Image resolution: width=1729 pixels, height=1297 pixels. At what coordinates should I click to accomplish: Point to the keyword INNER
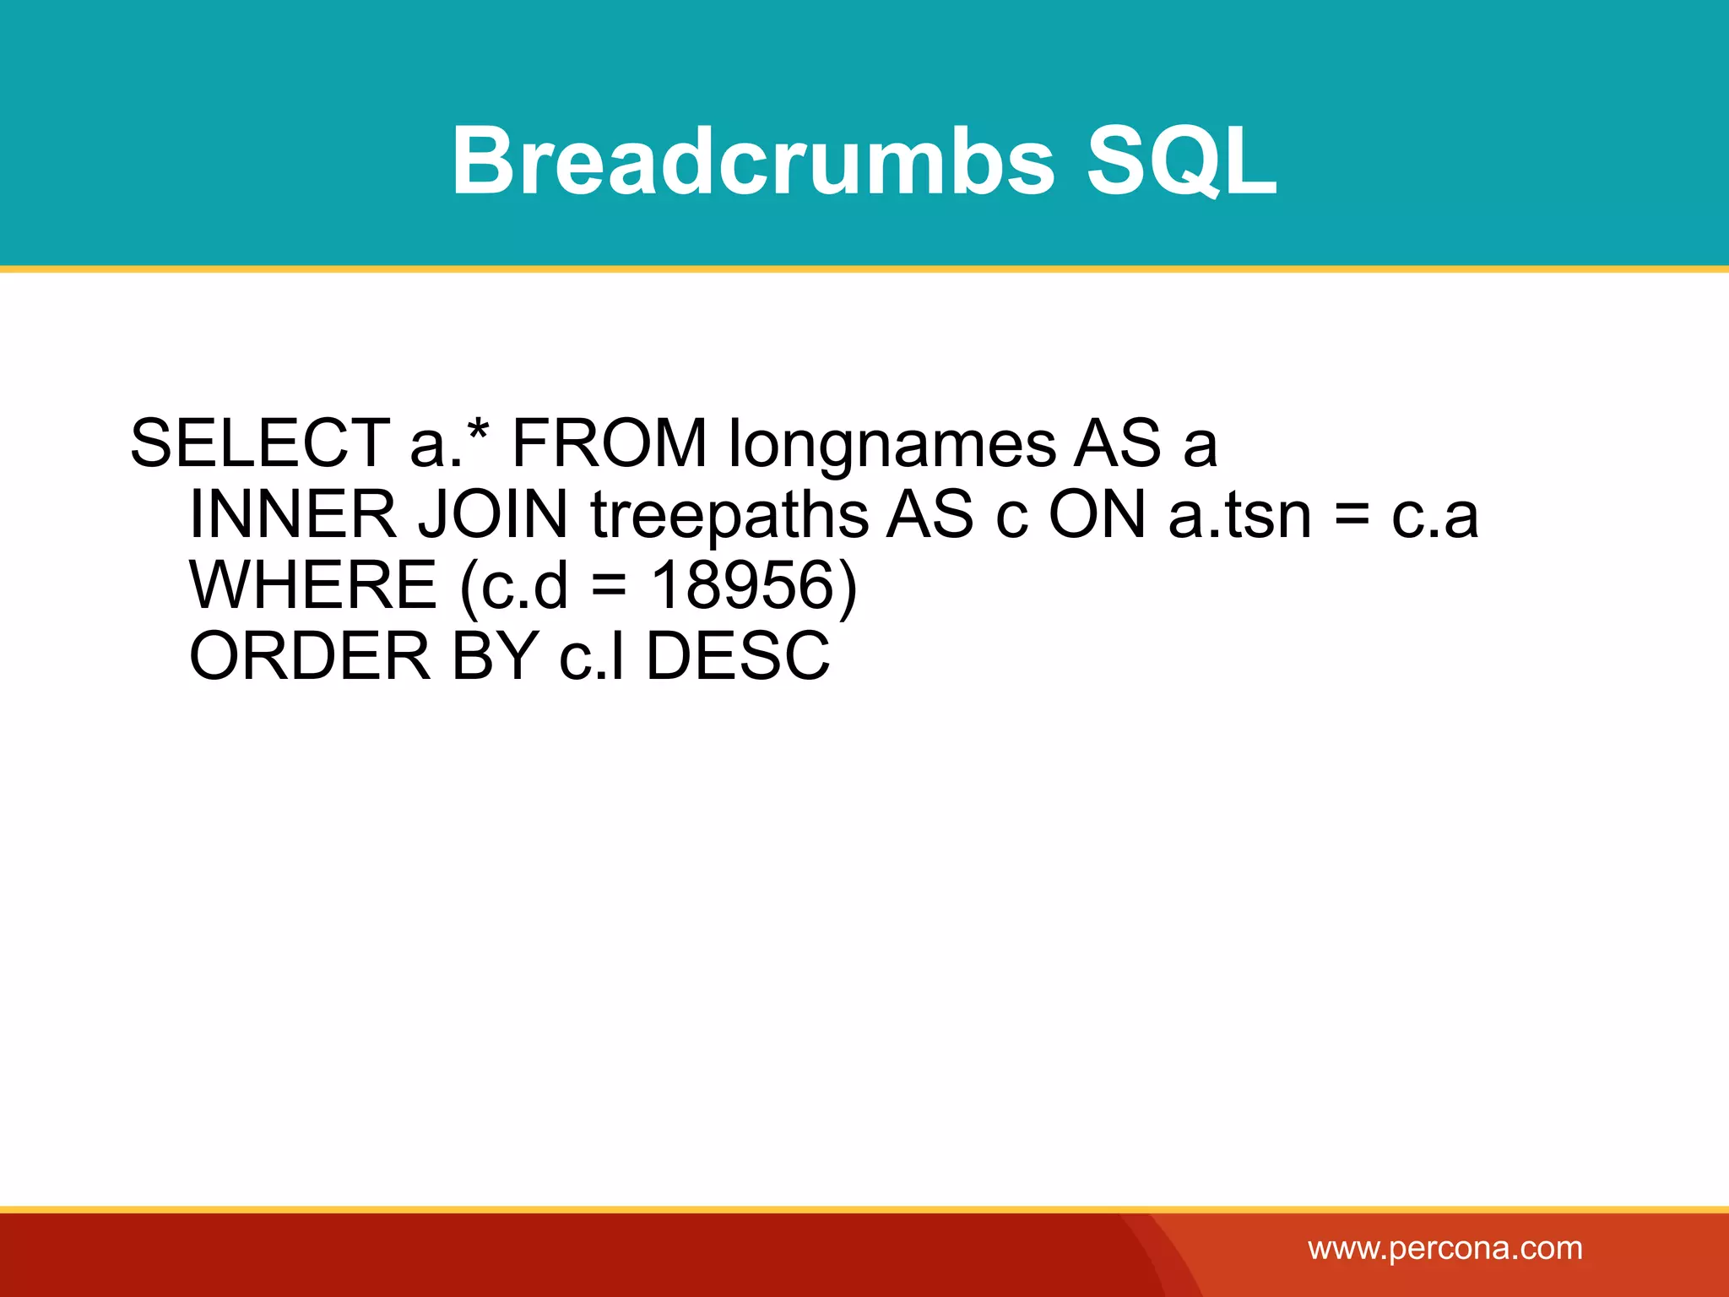[x=292, y=514]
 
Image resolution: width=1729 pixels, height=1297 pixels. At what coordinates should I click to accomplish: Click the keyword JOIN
[x=493, y=514]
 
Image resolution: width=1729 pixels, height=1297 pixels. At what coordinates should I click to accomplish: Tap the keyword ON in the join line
[x=1097, y=514]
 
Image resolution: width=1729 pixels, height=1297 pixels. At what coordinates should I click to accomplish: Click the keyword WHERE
[x=312, y=585]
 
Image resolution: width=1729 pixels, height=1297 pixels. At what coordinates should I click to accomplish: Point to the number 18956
[x=743, y=585]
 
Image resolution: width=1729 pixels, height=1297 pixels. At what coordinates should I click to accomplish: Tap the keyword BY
[x=496, y=656]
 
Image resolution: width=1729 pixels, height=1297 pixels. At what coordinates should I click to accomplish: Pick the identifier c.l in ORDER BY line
[x=592, y=656]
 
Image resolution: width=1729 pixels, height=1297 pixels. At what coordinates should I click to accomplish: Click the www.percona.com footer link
[x=1445, y=1248]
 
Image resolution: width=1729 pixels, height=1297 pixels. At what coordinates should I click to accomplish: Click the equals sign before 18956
[x=610, y=586]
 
